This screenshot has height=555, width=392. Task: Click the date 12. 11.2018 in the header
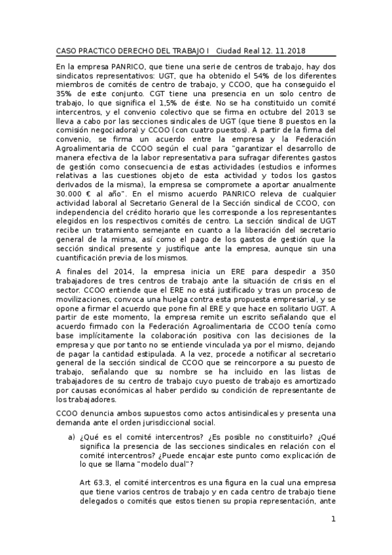click(286, 50)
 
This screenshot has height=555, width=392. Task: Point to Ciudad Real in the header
click(239, 50)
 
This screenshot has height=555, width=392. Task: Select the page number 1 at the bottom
click(333, 520)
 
